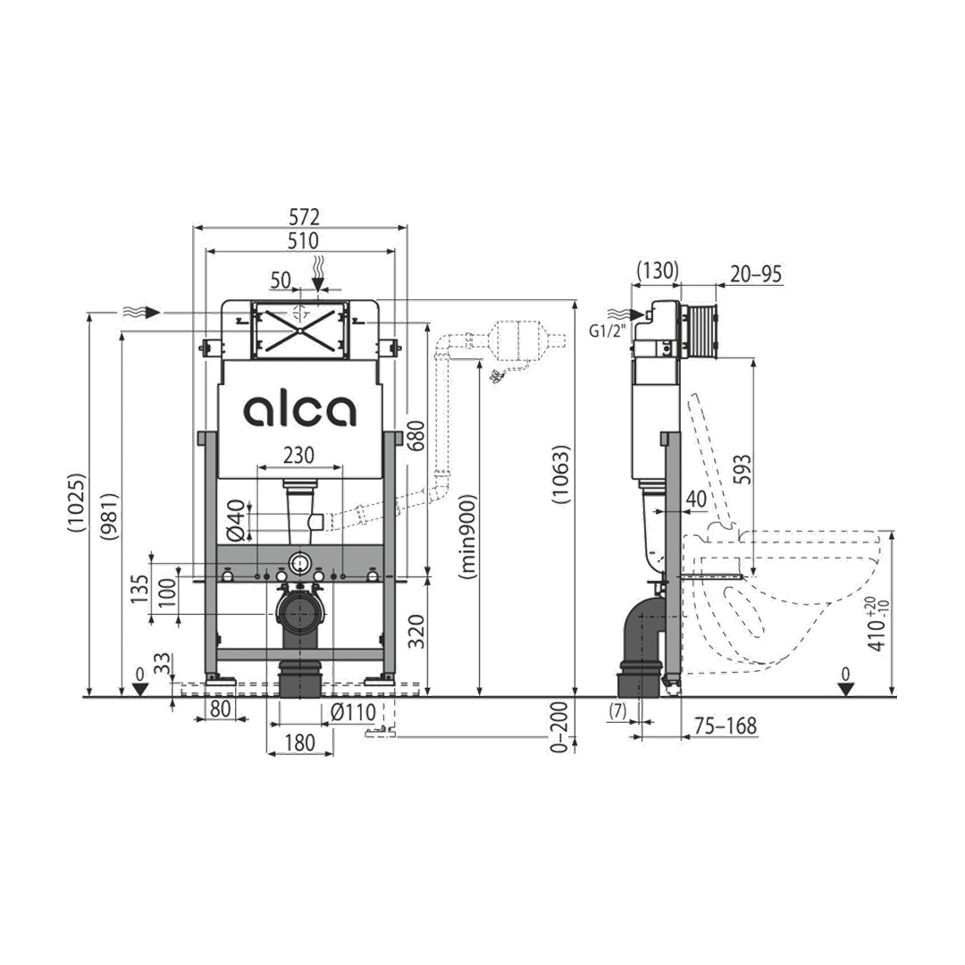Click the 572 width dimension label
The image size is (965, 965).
coord(305,217)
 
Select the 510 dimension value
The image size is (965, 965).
coord(304,240)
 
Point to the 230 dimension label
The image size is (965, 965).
coord(298,456)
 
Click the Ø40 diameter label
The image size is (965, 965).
coord(237,521)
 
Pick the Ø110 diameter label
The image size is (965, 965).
coord(353,712)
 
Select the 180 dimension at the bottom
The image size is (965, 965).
coord(299,743)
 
